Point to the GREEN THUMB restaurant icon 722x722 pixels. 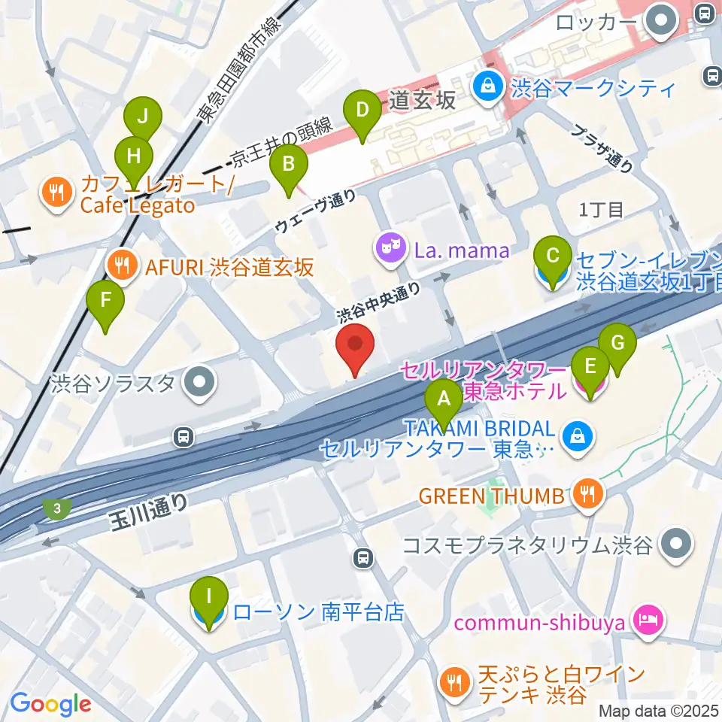click(584, 495)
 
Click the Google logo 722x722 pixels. click(50, 703)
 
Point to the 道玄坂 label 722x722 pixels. click(423, 99)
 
